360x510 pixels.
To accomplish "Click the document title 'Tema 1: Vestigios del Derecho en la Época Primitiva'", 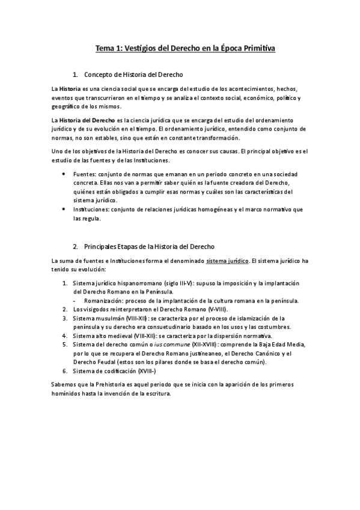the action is [180, 48].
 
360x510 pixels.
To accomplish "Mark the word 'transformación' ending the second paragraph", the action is [225, 138].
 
